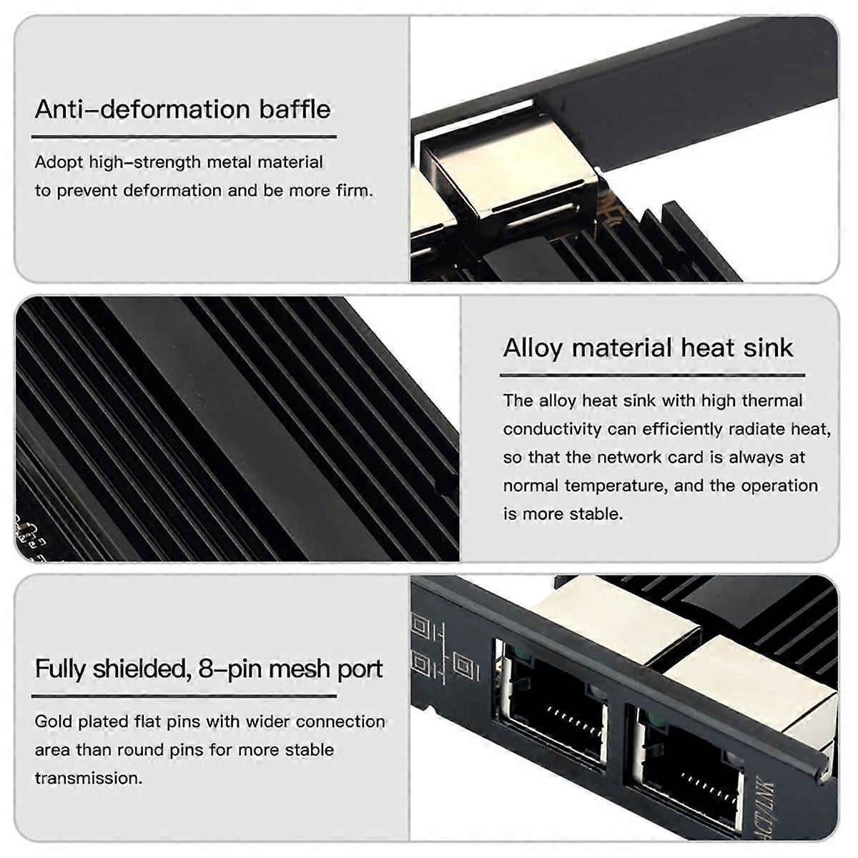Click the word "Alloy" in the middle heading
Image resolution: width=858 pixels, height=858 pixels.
533,348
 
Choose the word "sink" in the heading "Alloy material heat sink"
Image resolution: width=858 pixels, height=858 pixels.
768,348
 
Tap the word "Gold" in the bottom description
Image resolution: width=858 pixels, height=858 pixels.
54,721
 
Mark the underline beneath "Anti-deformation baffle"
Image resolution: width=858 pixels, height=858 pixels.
184,137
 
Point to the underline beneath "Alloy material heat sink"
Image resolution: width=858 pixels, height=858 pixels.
652,375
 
